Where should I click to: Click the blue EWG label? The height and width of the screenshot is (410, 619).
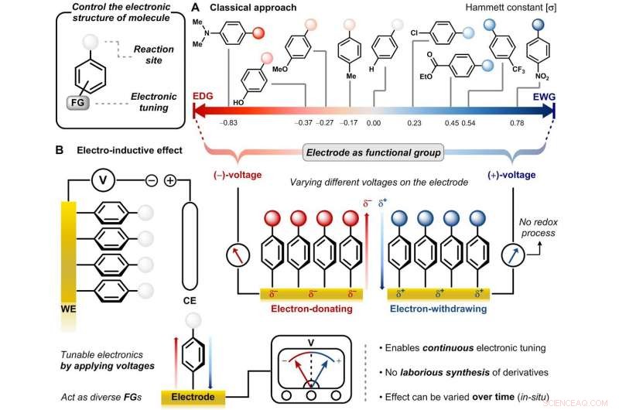point(542,97)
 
